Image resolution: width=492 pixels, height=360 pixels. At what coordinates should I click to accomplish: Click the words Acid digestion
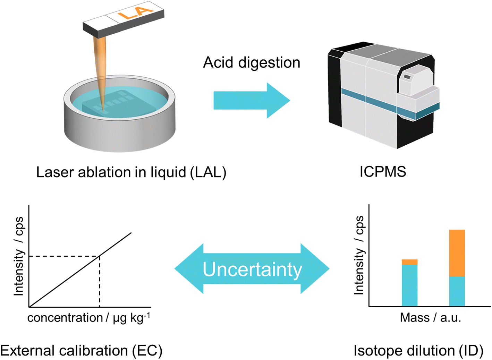pos(252,63)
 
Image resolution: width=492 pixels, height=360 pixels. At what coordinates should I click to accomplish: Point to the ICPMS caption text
pos(383,172)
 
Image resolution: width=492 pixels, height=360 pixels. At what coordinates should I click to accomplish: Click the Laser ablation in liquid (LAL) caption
pos(131,172)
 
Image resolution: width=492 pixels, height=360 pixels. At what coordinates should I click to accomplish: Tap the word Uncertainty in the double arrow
pos(252,269)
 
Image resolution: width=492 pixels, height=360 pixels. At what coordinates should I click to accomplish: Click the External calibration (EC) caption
pos(81,351)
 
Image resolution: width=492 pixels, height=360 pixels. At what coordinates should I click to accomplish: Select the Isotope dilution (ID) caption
pos(418,351)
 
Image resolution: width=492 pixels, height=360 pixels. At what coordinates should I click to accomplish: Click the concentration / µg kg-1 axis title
pos(89,318)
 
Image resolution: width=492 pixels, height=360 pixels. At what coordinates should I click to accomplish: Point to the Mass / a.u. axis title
pos(430,318)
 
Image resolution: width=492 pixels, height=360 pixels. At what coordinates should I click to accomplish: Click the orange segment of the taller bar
pos(457,253)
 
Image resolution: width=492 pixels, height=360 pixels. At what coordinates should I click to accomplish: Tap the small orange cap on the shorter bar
pos(409,262)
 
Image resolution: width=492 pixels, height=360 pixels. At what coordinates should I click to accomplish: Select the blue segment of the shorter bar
pos(409,285)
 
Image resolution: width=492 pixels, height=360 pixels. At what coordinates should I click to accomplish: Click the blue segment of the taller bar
pos(457,291)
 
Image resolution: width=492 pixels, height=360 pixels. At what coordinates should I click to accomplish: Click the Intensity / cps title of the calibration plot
pos(18,257)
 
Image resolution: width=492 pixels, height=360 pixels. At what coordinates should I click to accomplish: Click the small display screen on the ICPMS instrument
pos(407,77)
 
